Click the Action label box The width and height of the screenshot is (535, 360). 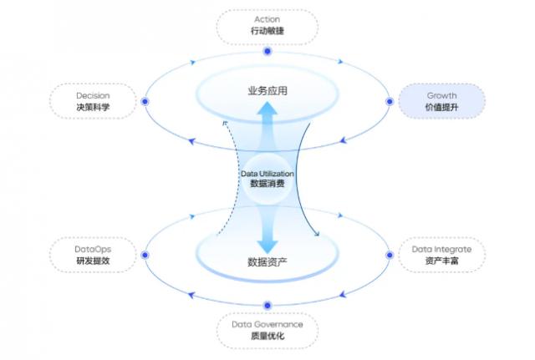click(x=267, y=26)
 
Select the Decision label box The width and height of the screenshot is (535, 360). click(x=92, y=100)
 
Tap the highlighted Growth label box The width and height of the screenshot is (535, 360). click(x=441, y=100)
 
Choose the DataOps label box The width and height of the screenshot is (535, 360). click(x=92, y=255)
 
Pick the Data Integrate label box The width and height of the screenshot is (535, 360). click(x=441, y=255)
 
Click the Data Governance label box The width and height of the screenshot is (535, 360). click(x=267, y=329)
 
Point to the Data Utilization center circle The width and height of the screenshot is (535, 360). click(x=267, y=178)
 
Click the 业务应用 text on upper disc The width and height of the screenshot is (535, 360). click(x=267, y=90)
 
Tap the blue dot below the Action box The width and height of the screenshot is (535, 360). click(x=267, y=52)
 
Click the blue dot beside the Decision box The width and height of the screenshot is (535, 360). click(x=145, y=101)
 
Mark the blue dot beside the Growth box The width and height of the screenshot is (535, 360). click(x=390, y=101)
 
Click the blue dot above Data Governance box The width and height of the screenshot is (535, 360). click(x=267, y=305)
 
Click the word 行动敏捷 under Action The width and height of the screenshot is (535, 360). click(x=267, y=32)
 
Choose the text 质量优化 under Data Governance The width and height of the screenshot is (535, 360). click(x=267, y=336)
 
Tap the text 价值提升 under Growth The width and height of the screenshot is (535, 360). click(x=441, y=108)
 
